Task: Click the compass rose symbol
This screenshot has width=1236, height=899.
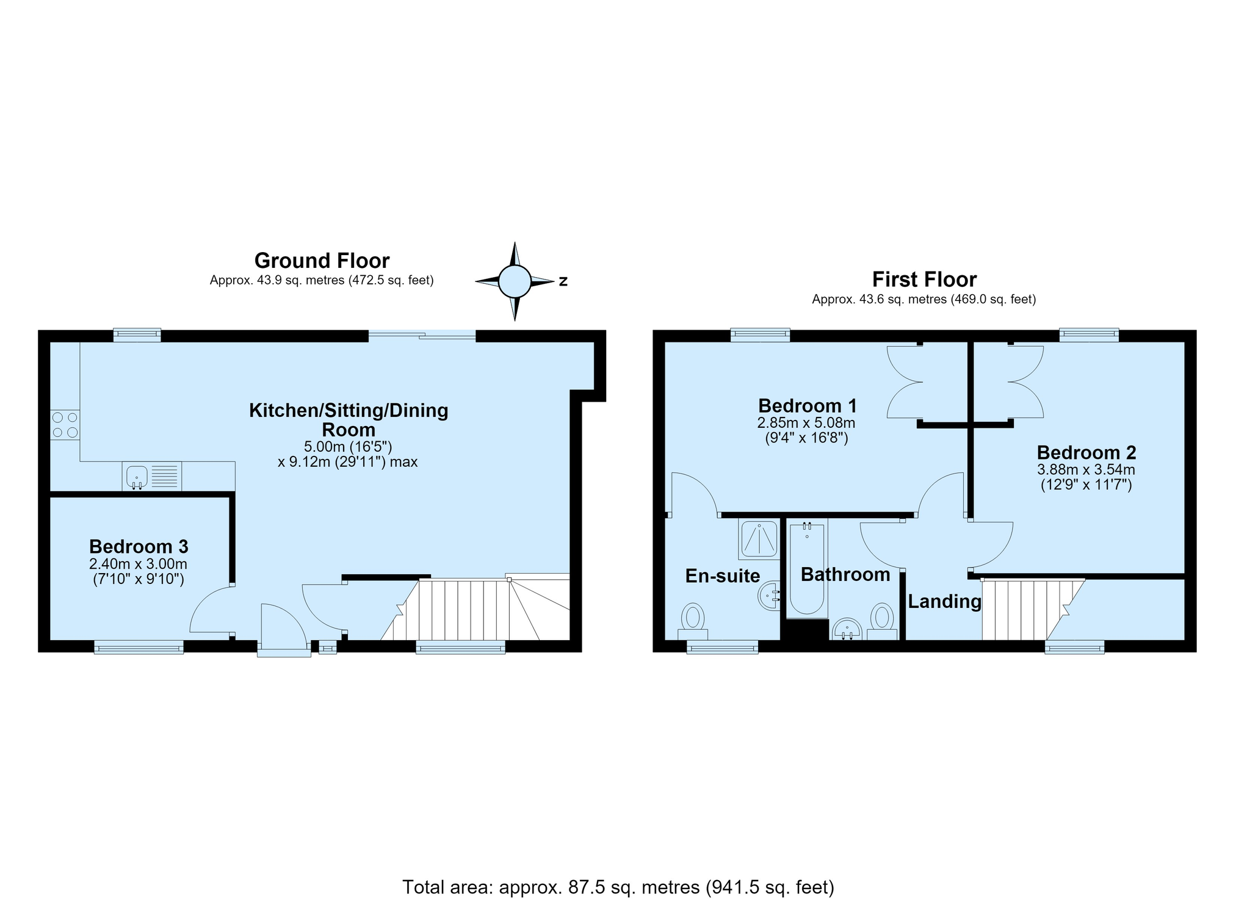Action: coord(515,281)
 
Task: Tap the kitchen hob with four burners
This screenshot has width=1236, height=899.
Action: coord(65,425)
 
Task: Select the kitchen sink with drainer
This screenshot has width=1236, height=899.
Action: coord(152,476)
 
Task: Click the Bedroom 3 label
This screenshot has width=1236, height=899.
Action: coord(139,546)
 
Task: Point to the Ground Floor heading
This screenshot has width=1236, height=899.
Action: coord(322,261)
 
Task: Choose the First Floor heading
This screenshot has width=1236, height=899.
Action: coord(924,280)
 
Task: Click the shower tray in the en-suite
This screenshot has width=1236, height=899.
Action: coord(759,539)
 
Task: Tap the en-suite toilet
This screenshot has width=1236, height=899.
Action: coord(693,621)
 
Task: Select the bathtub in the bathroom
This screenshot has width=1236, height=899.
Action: coord(807,568)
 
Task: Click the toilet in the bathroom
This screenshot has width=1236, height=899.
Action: coord(881,621)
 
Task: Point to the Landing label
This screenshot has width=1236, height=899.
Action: coord(944,602)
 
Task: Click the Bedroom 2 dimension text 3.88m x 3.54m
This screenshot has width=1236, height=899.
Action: coord(1086,470)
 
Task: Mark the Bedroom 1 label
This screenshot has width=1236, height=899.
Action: coord(808,406)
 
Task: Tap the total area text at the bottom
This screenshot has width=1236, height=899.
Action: coord(618,887)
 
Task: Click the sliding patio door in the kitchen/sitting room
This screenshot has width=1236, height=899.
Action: coord(422,335)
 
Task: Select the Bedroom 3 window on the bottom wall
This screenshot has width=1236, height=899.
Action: coord(139,647)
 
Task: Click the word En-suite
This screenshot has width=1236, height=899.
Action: coord(723,576)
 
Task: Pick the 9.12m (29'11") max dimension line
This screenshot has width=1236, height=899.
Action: coord(348,462)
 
